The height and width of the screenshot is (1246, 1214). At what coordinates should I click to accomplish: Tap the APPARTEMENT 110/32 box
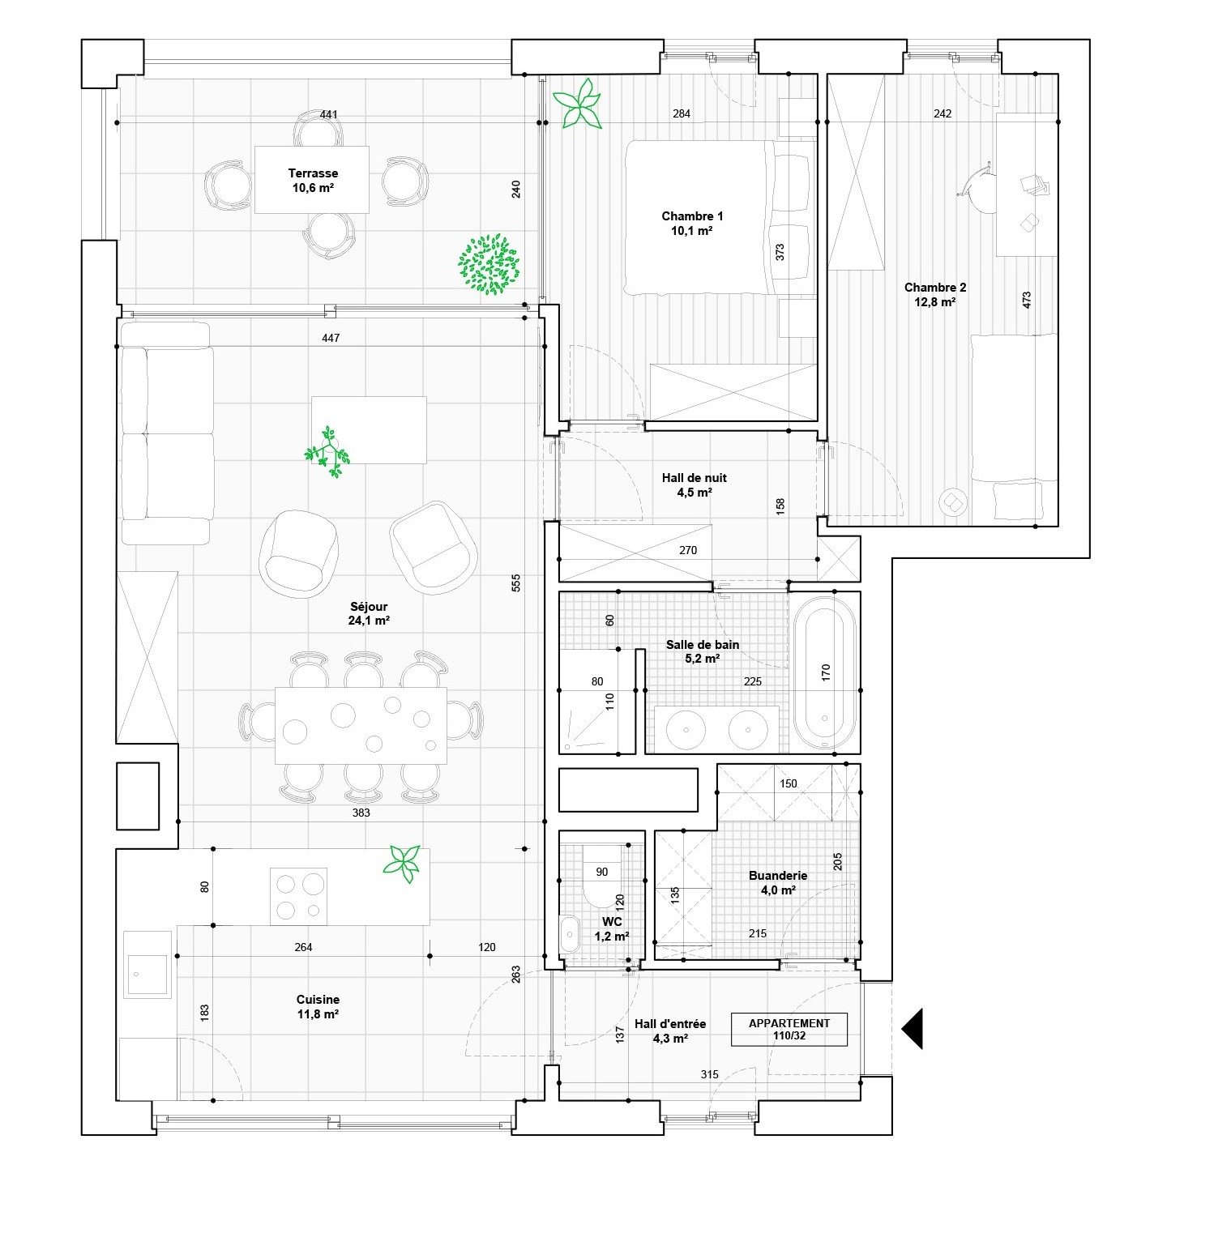789,1029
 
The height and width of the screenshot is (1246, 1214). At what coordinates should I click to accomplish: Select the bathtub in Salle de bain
824,672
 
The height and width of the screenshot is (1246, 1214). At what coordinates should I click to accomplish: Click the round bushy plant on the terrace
488,263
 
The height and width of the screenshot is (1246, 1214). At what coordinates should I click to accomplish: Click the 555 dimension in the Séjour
516,583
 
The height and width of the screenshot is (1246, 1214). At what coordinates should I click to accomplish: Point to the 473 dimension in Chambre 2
1027,301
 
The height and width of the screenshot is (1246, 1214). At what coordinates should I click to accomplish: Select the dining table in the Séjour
361,725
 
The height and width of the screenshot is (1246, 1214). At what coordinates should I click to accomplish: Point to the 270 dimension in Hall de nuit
687,551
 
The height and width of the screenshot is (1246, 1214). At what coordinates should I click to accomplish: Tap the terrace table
312,179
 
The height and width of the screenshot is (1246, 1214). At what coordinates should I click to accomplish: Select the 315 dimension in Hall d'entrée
709,1074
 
